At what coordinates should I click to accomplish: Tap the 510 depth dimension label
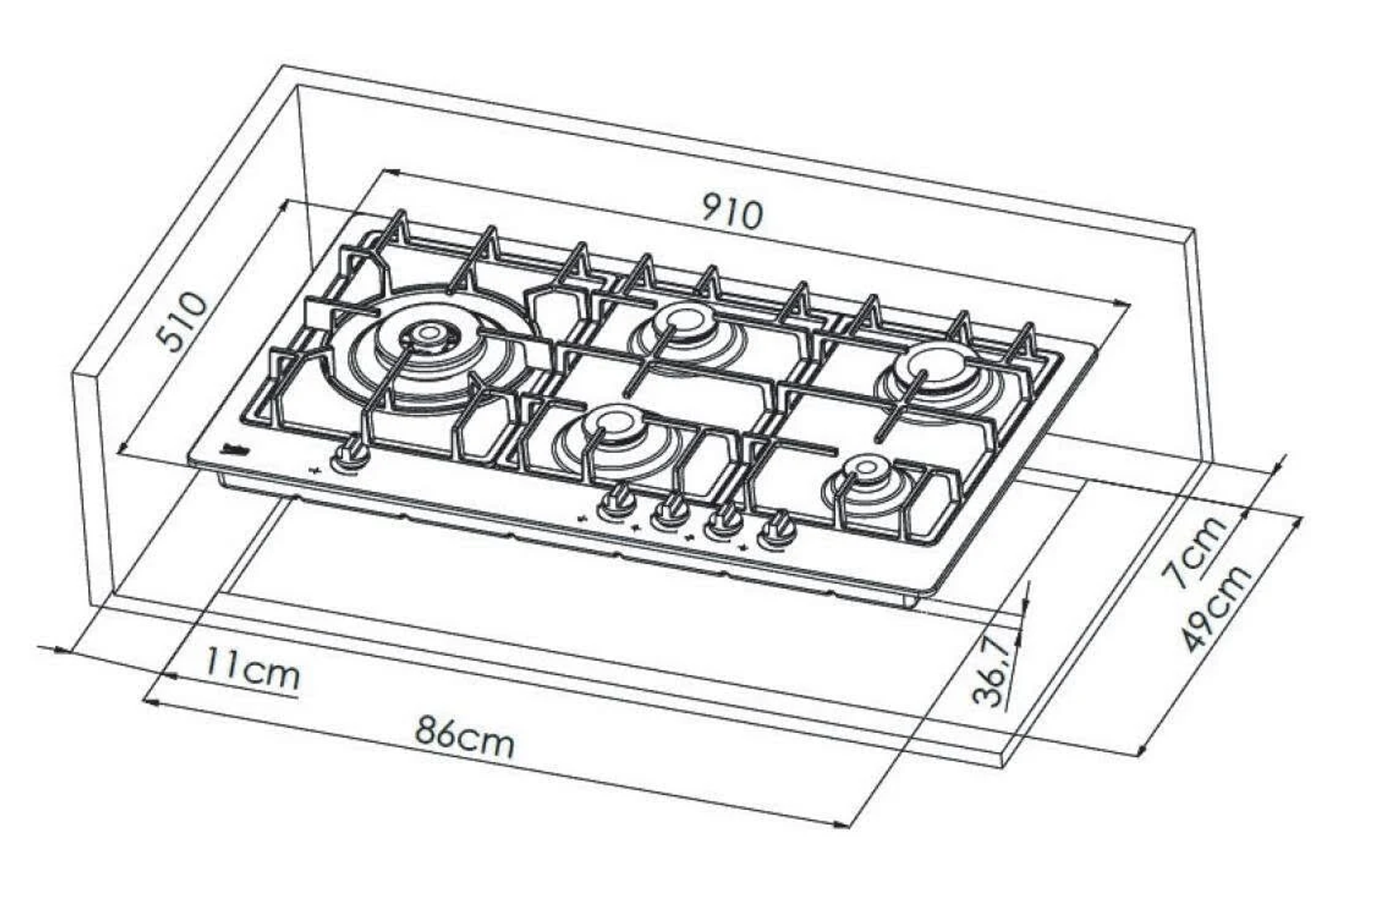pos(183,321)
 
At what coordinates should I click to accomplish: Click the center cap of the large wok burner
pos(428,333)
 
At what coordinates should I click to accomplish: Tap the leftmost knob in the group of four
pos(617,501)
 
